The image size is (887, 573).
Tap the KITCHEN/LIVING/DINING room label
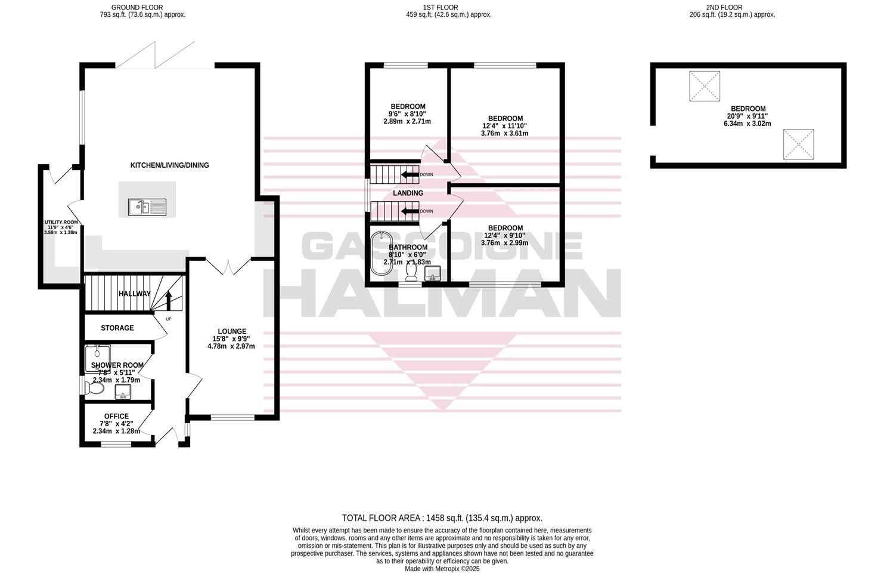(170, 165)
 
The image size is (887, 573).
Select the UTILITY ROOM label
(61, 223)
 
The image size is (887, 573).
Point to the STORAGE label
(117, 328)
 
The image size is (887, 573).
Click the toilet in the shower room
(95, 389)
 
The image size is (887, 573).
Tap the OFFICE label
(116, 417)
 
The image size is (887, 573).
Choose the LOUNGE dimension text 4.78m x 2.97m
(231, 346)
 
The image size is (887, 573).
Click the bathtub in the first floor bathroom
(379, 254)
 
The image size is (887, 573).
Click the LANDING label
(408, 193)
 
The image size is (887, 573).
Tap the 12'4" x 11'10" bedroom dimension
(504, 126)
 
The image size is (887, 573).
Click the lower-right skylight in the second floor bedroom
(798, 144)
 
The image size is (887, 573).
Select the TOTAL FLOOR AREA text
(442, 519)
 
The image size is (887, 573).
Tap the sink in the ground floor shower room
(123, 392)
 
